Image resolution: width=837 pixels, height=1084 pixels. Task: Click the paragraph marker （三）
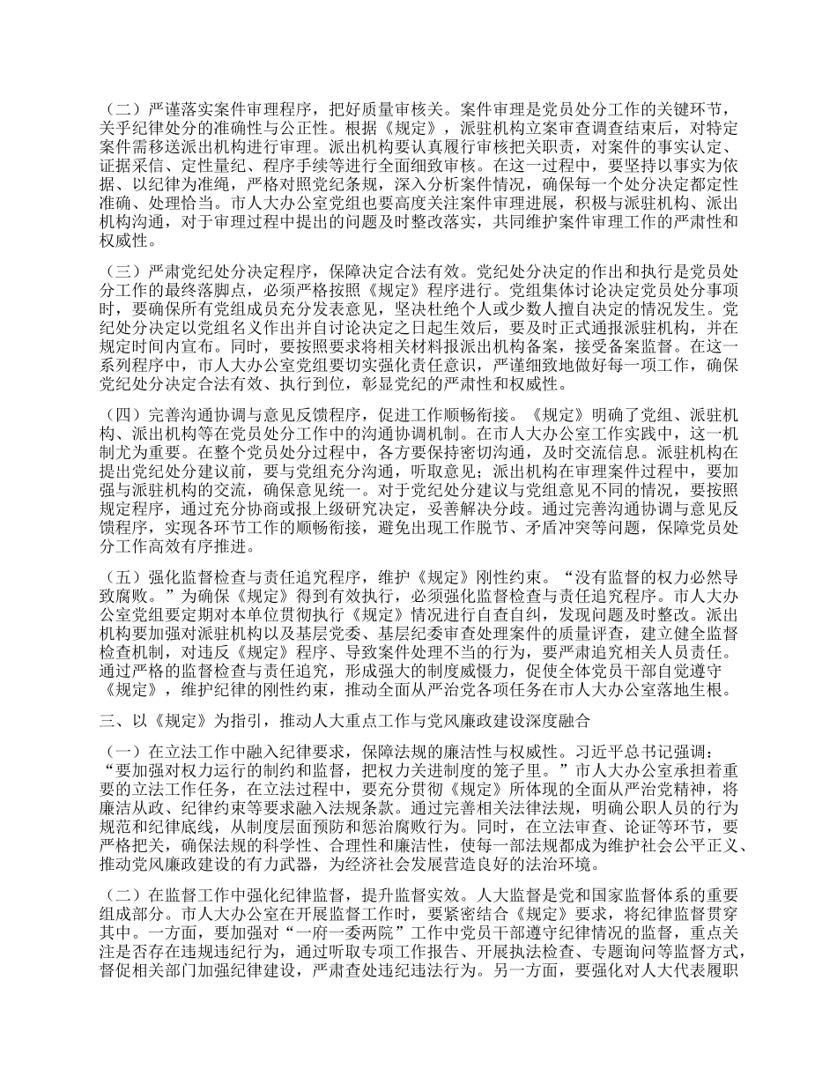point(122,270)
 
